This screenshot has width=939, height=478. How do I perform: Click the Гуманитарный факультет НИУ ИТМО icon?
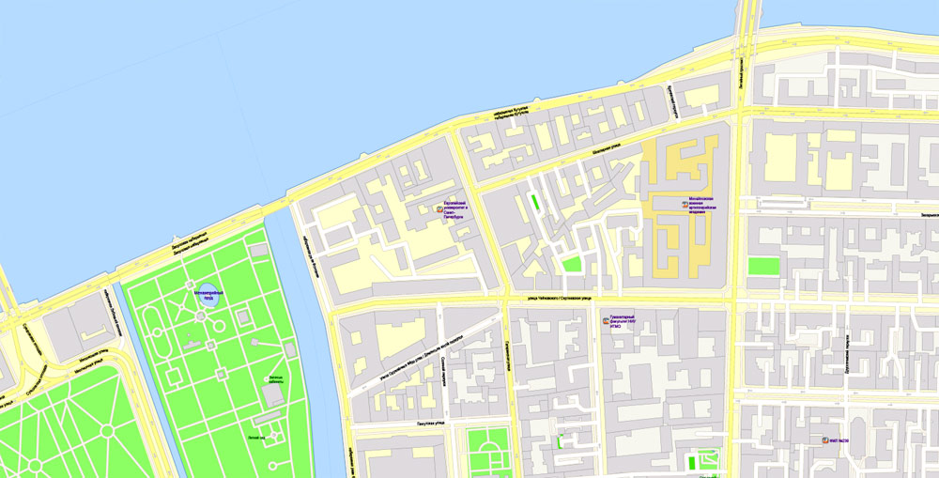605,320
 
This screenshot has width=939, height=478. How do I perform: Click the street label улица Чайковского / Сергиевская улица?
558,299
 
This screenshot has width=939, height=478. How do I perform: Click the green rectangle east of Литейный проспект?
763,266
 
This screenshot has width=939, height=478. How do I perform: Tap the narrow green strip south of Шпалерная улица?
535,202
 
